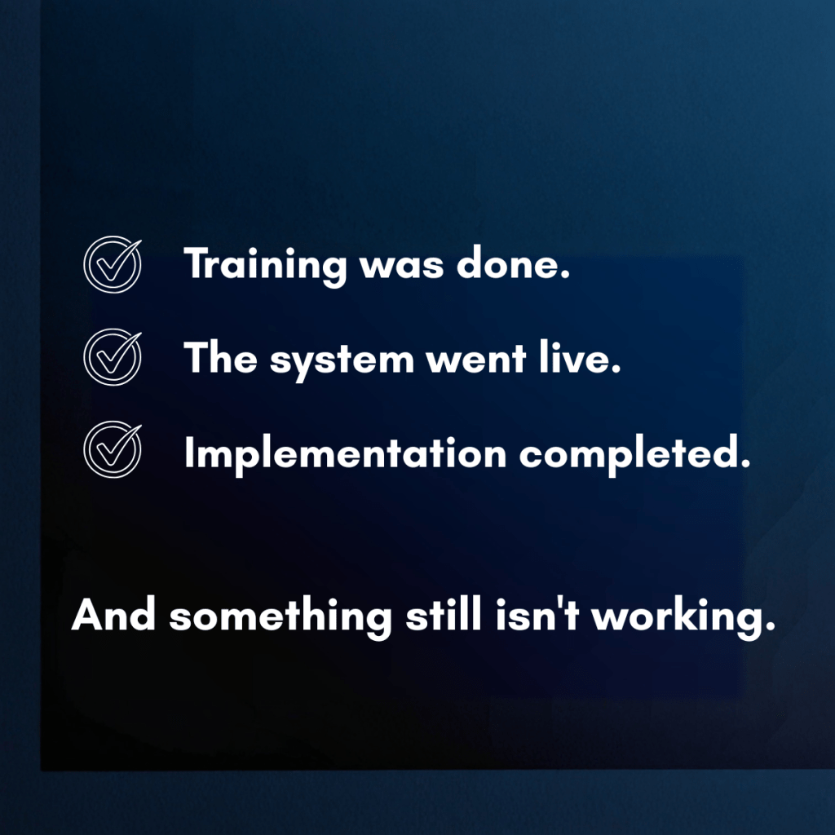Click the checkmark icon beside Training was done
(x=113, y=266)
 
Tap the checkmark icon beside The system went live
(x=113, y=357)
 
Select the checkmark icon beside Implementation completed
(x=113, y=449)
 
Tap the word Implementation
(x=345, y=453)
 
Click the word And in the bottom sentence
(x=113, y=616)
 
